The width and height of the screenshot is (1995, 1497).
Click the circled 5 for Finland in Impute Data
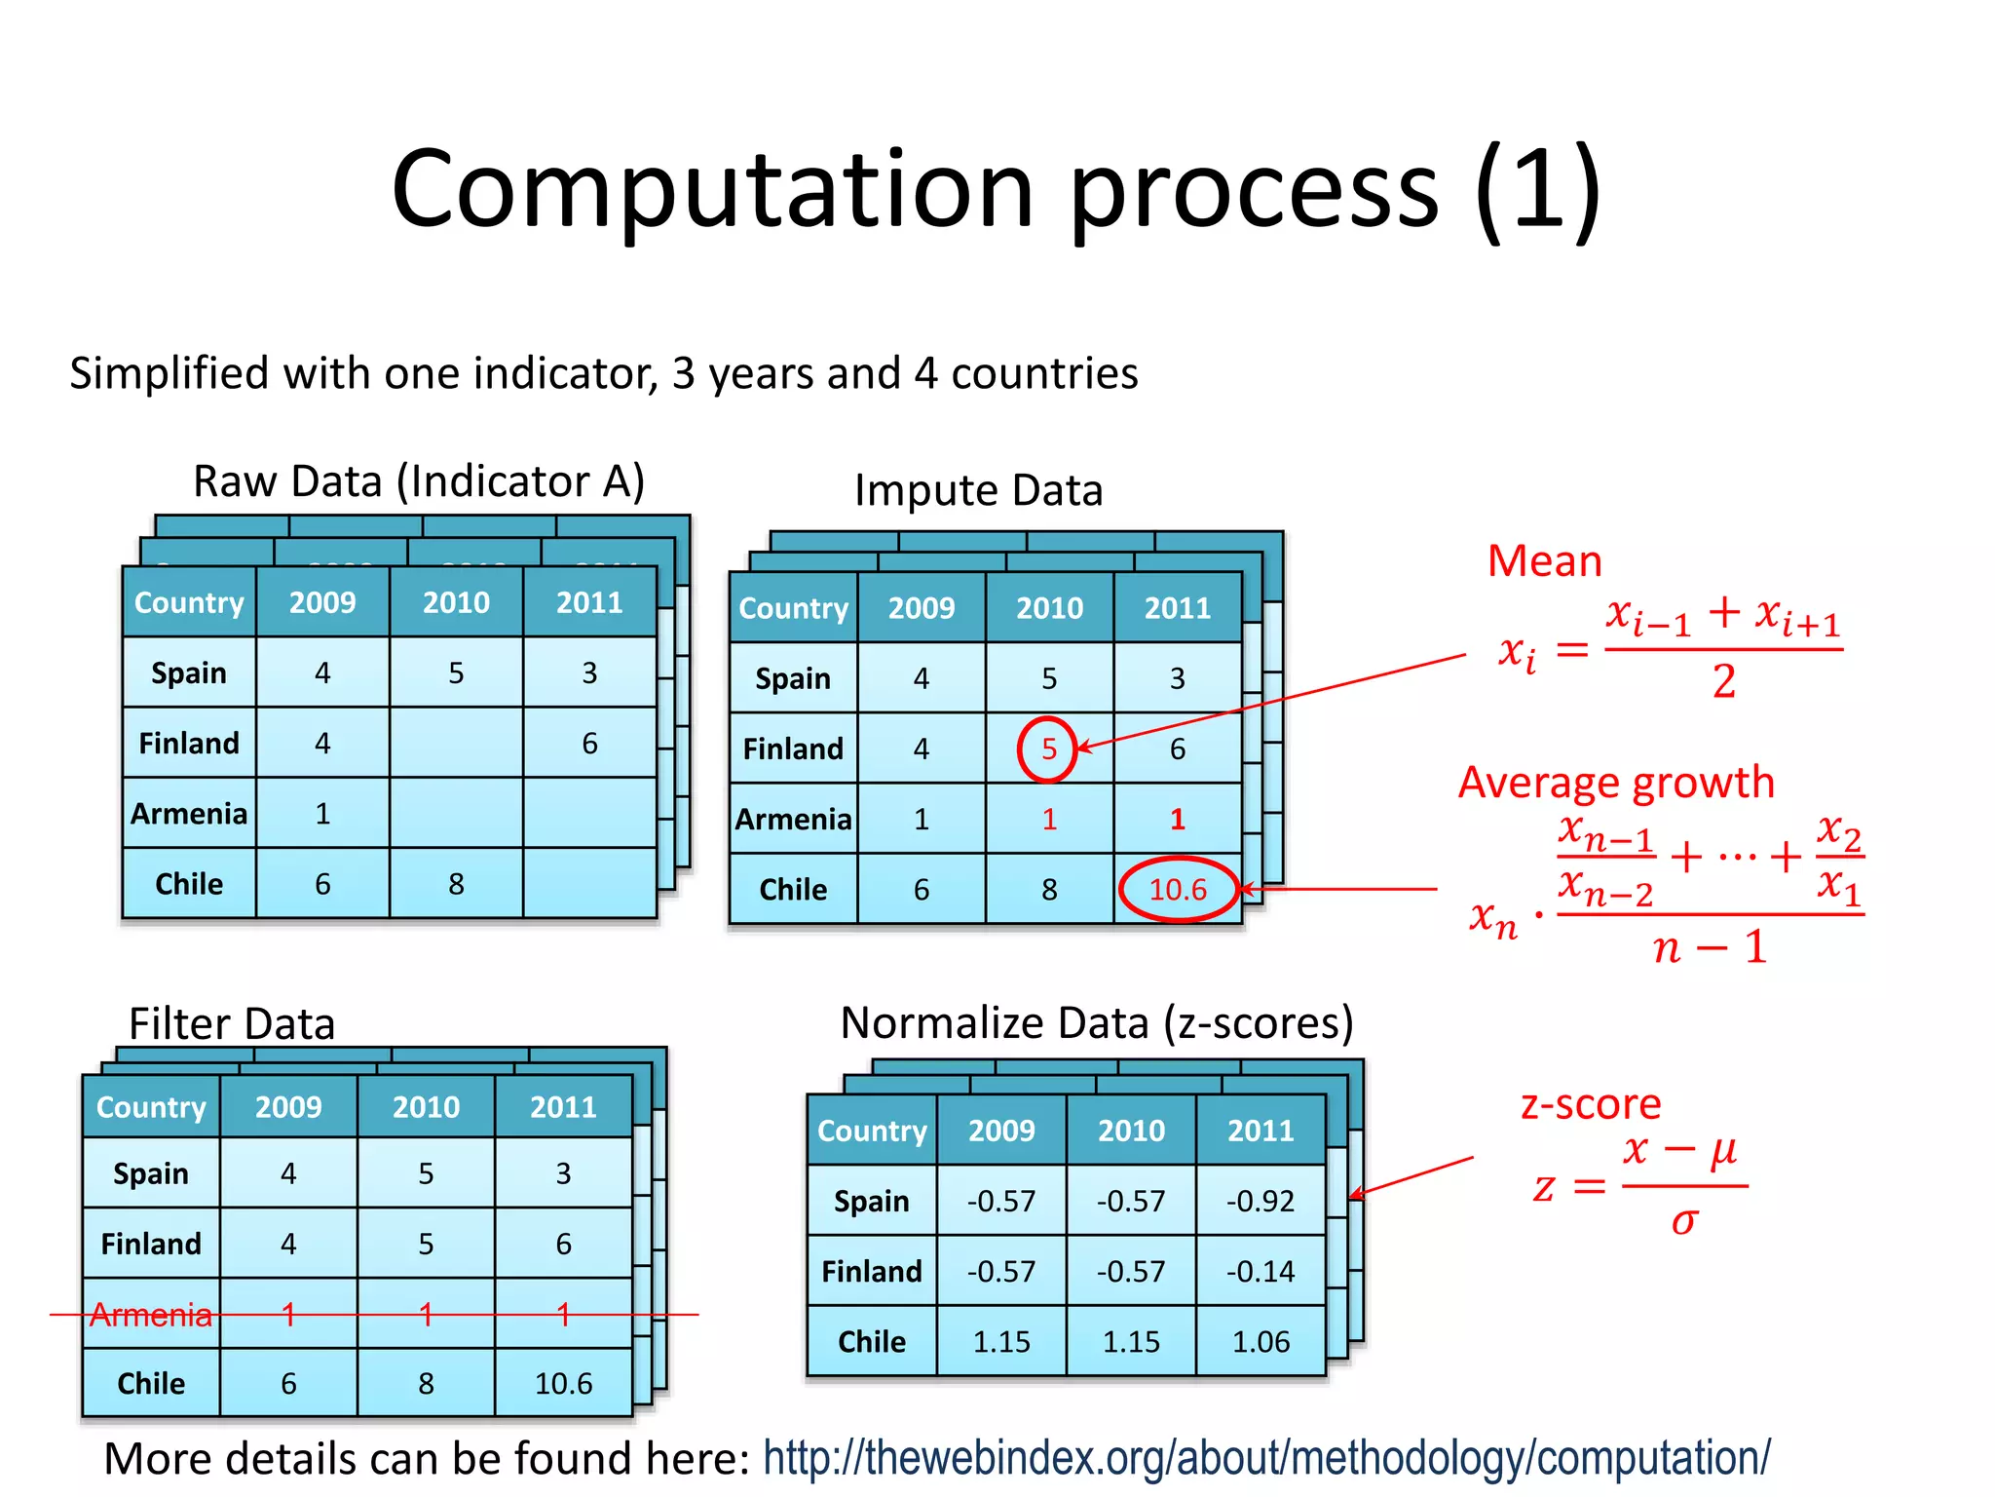(x=1048, y=748)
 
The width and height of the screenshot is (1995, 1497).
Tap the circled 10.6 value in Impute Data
(x=1178, y=889)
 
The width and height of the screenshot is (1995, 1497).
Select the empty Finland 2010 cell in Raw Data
(x=456, y=743)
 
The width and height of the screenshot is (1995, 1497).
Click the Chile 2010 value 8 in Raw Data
(x=456, y=883)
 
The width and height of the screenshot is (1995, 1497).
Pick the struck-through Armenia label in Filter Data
(x=151, y=1315)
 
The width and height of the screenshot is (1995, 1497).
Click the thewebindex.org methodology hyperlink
(x=1266, y=1458)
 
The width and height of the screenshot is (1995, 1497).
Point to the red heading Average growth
(x=1616, y=783)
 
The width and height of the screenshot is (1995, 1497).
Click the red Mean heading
(x=1544, y=561)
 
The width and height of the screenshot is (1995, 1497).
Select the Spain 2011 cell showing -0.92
(x=1261, y=1201)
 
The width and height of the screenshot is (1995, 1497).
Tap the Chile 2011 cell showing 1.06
(x=1261, y=1341)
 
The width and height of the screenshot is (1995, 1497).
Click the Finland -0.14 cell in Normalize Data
(x=1261, y=1271)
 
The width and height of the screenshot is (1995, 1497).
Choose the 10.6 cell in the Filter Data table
(x=563, y=1383)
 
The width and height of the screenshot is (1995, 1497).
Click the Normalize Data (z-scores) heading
(x=1097, y=1023)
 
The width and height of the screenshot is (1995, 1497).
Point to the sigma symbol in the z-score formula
(x=1684, y=1221)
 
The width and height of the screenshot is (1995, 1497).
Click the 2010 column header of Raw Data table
(x=456, y=602)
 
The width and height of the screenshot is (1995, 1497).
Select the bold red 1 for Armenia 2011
(x=1178, y=819)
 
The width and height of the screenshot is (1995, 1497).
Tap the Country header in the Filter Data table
(x=151, y=1107)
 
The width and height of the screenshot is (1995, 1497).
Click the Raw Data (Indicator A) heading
(x=419, y=481)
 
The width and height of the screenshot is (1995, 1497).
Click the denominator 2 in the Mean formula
(x=1723, y=681)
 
